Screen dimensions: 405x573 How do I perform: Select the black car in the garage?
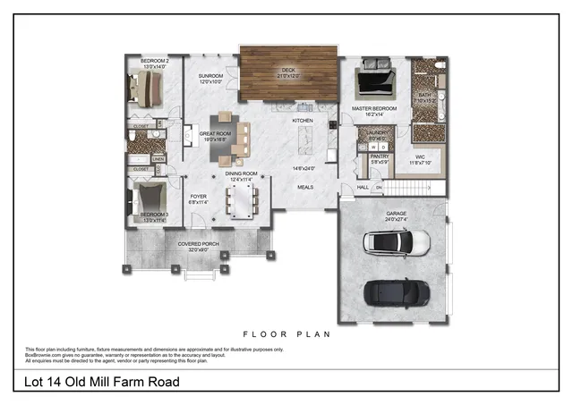click(392, 292)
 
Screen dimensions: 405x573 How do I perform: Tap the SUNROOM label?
click(210, 78)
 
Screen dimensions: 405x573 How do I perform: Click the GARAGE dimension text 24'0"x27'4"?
click(396, 219)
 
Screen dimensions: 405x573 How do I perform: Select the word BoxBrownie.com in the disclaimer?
click(41, 356)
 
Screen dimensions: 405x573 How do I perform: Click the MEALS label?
click(305, 186)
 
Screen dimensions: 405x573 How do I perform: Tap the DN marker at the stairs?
click(378, 187)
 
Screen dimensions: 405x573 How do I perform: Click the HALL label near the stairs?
click(363, 187)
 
